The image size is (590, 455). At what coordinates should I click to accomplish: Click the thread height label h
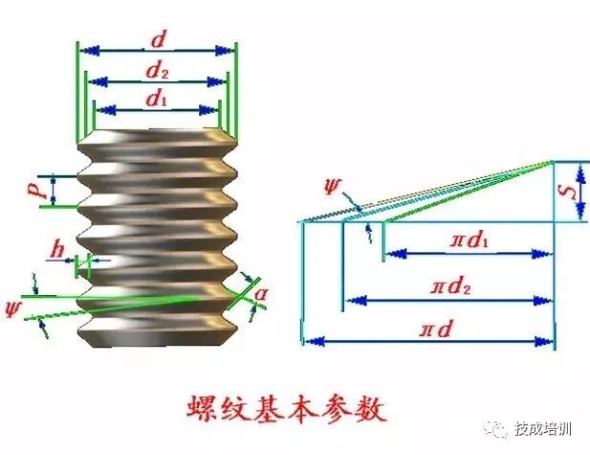(x=60, y=251)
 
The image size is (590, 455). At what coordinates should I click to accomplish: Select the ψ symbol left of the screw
(x=13, y=307)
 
